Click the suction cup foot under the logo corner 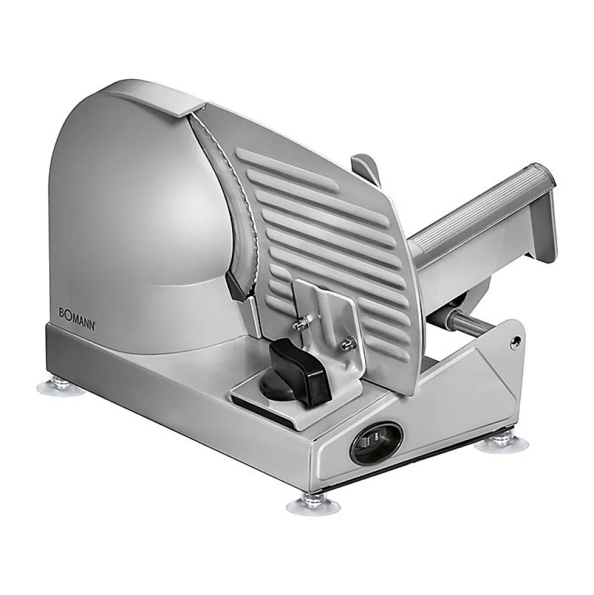point(60,387)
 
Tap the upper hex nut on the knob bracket point(301,322)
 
